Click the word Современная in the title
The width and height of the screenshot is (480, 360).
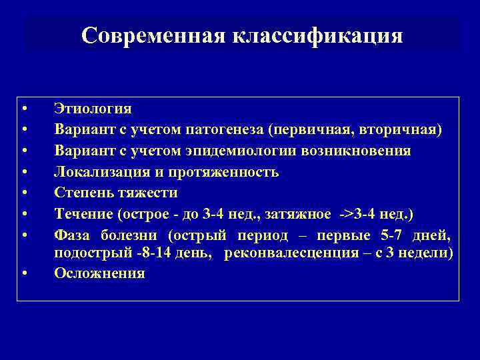[153, 35]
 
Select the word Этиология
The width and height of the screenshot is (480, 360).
[93, 109]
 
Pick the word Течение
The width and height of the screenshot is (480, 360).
[83, 214]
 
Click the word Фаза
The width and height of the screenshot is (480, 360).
[73, 235]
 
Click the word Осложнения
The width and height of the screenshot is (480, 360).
[99, 273]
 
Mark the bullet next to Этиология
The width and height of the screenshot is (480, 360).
[24, 109]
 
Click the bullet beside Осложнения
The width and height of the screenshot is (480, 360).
[24, 274]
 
